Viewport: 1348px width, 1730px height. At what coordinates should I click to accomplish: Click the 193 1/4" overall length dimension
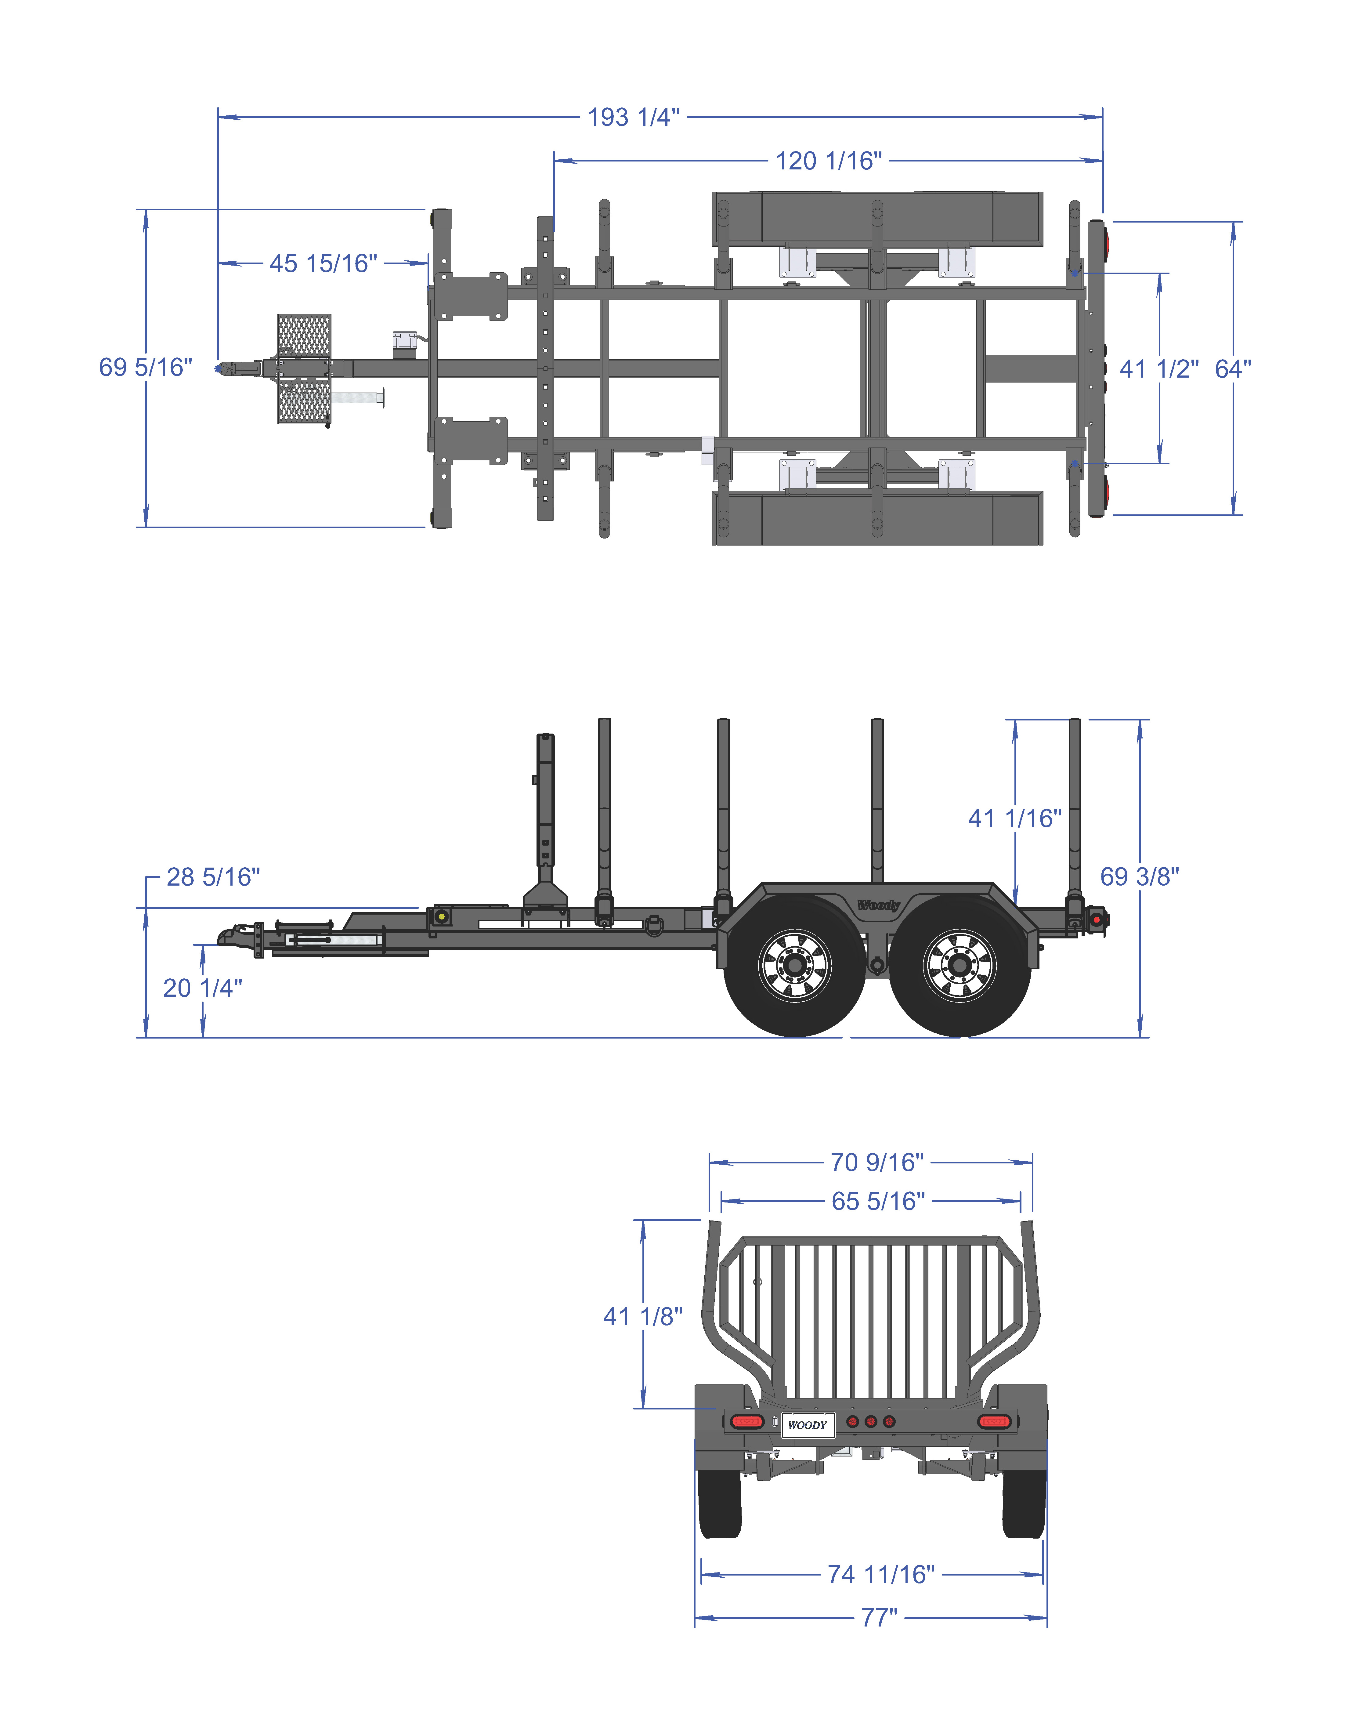pos(634,117)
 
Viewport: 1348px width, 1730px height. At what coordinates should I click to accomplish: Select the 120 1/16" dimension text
pos(829,161)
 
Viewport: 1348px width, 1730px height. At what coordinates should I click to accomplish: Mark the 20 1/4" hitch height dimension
pos(203,988)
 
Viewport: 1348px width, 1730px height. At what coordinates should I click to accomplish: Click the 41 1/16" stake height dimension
pos(1014,818)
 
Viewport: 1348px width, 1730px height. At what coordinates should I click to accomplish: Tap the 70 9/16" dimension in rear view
pos(877,1162)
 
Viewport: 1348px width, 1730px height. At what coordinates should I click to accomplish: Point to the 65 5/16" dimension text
pos(877,1201)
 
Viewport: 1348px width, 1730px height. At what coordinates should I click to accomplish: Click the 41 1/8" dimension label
pos(642,1317)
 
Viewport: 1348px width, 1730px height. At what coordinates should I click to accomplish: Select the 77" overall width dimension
pos(879,1618)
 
